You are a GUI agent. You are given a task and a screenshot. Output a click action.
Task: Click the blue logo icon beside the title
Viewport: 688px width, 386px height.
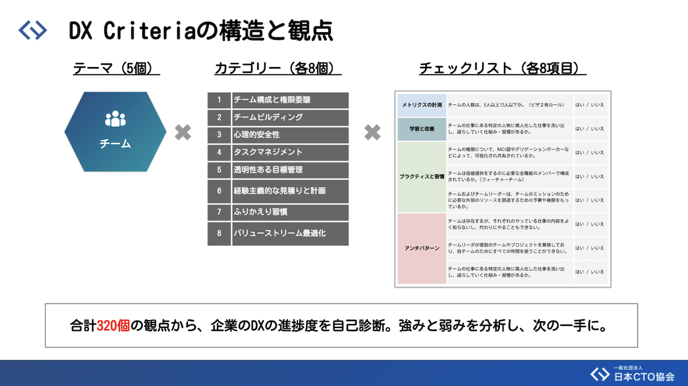click(x=33, y=30)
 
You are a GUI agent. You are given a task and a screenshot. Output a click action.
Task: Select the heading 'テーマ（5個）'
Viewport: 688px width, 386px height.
click(x=116, y=68)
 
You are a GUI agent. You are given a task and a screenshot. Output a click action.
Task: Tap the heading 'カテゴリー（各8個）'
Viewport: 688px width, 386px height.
click(x=277, y=68)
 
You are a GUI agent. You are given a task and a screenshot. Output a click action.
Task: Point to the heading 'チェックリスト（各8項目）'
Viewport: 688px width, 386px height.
click(x=502, y=68)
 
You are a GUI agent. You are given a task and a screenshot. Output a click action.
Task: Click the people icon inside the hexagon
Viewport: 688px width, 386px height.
click(x=115, y=119)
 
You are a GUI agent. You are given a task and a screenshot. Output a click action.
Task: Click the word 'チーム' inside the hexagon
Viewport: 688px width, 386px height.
click(x=115, y=144)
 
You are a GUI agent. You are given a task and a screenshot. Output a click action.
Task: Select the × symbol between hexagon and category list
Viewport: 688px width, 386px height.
click(x=183, y=133)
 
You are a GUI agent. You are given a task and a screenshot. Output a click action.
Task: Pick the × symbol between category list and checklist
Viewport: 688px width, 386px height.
click(x=372, y=133)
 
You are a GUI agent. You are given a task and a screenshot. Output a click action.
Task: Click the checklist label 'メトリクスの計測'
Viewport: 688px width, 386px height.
click(x=421, y=105)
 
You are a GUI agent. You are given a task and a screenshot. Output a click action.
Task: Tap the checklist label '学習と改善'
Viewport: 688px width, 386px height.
click(x=421, y=129)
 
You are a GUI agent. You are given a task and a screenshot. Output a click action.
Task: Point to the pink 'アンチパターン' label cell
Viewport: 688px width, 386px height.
click(x=421, y=248)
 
